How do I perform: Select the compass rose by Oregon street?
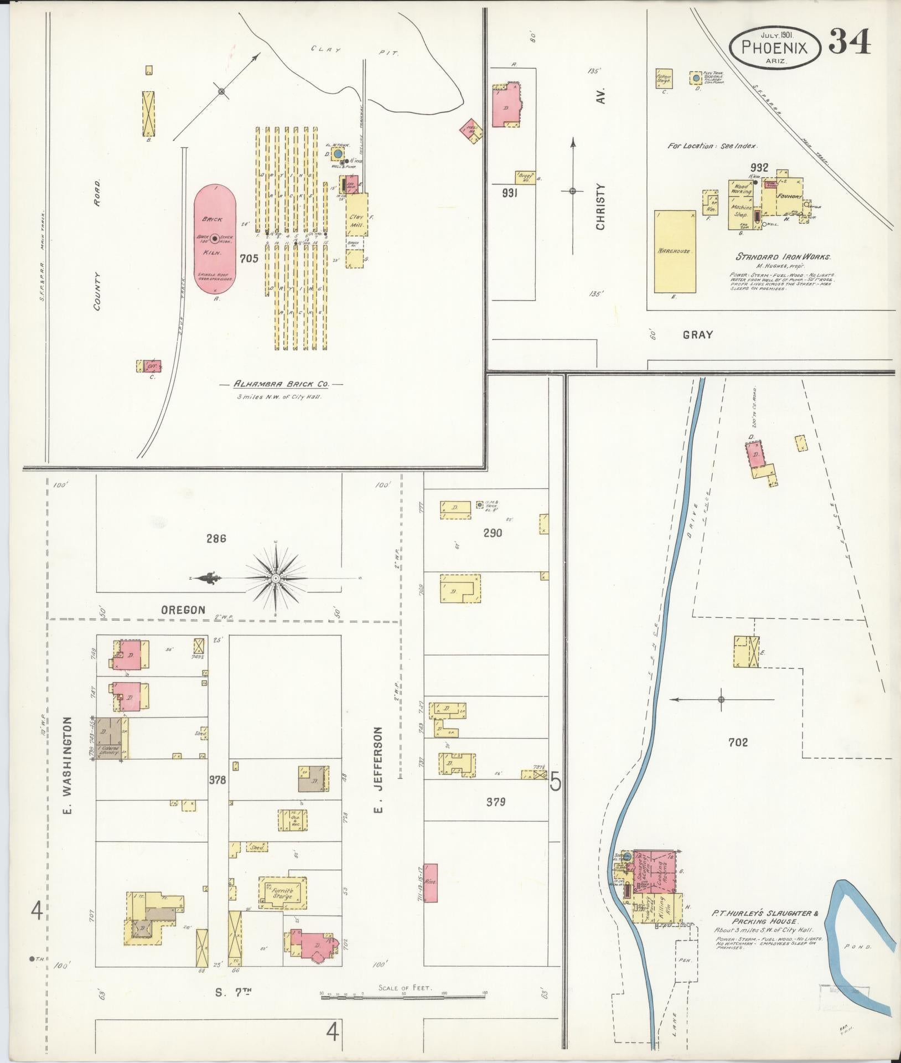pos(275,579)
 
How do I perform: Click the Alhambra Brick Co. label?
pos(281,384)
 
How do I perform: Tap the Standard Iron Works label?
pos(783,257)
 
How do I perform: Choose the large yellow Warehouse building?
pos(675,251)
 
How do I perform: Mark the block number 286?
pos(216,538)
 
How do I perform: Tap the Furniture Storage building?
pos(282,892)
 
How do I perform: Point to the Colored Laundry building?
pos(110,737)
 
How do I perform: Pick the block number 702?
pos(738,742)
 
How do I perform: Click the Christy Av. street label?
pos(602,206)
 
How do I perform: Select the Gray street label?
pos(697,334)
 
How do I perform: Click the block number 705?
pos(249,258)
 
